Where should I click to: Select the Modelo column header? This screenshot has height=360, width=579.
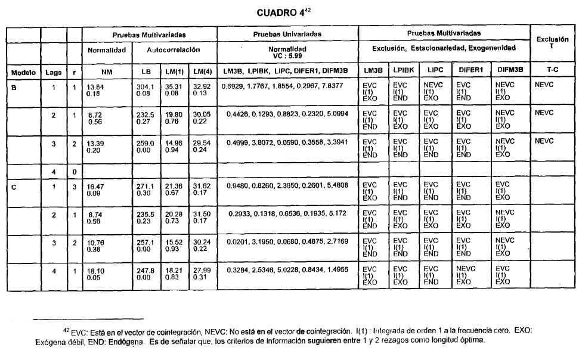click(x=23, y=73)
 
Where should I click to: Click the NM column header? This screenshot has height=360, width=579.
click(x=107, y=73)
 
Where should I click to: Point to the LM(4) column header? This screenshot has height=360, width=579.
click(x=202, y=73)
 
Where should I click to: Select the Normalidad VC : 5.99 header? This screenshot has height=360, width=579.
click(x=287, y=52)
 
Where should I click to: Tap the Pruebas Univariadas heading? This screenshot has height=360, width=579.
click(x=287, y=34)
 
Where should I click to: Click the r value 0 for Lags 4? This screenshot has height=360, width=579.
click(x=74, y=172)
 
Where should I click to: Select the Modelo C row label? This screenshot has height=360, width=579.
click(x=14, y=187)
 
